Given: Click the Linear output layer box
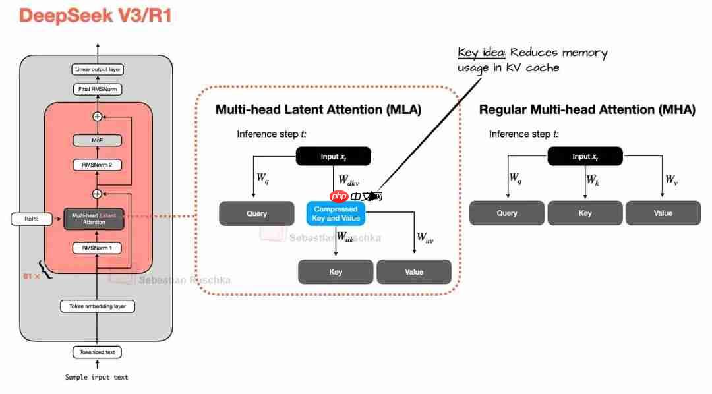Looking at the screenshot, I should [x=97, y=69].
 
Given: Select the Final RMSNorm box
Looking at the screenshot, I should [x=97, y=89].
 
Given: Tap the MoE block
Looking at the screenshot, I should [x=97, y=140].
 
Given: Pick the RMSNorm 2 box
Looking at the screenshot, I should [x=97, y=165].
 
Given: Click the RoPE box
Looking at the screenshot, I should [x=31, y=218].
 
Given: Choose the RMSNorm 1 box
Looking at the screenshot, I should [x=97, y=248].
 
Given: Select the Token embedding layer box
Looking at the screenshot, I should [x=97, y=306].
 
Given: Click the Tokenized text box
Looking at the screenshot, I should [x=97, y=352].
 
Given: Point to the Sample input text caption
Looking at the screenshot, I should [x=97, y=378].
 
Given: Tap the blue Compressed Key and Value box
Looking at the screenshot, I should [x=336, y=213].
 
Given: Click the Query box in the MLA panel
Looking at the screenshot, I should [x=256, y=213].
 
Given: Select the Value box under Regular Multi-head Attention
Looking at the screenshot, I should [x=663, y=213].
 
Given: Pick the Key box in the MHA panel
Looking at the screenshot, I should [x=585, y=213].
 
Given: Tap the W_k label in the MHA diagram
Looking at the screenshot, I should [x=592, y=179].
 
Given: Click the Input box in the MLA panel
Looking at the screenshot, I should [x=333, y=156].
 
